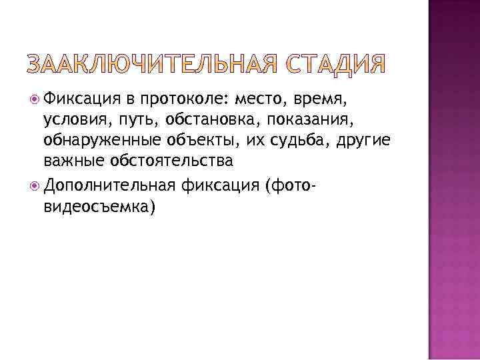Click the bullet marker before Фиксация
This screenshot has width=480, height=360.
(35, 99)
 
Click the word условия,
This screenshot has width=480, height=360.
(73, 120)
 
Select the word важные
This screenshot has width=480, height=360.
(73, 161)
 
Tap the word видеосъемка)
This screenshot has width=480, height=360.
(99, 207)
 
